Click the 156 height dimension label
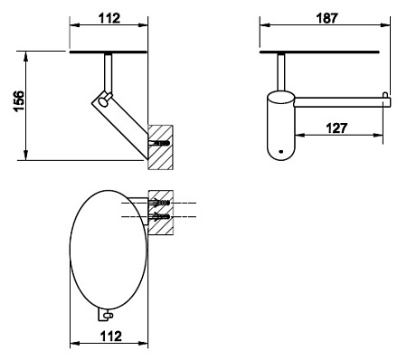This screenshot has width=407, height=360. click(x=19, y=100)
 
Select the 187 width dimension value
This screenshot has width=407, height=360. click(x=327, y=18)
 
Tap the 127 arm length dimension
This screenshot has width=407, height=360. click(x=336, y=128)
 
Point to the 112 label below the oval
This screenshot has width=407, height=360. click(x=110, y=336)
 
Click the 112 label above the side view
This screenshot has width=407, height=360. click(x=109, y=18)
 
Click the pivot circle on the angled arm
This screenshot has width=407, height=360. click(x=104, y=101)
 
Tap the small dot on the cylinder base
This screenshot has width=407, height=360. click(x=281, y=151)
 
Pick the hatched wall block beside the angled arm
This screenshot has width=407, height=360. click(x=160, y=147)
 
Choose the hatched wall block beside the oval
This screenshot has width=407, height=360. click(x=161, y=213)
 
